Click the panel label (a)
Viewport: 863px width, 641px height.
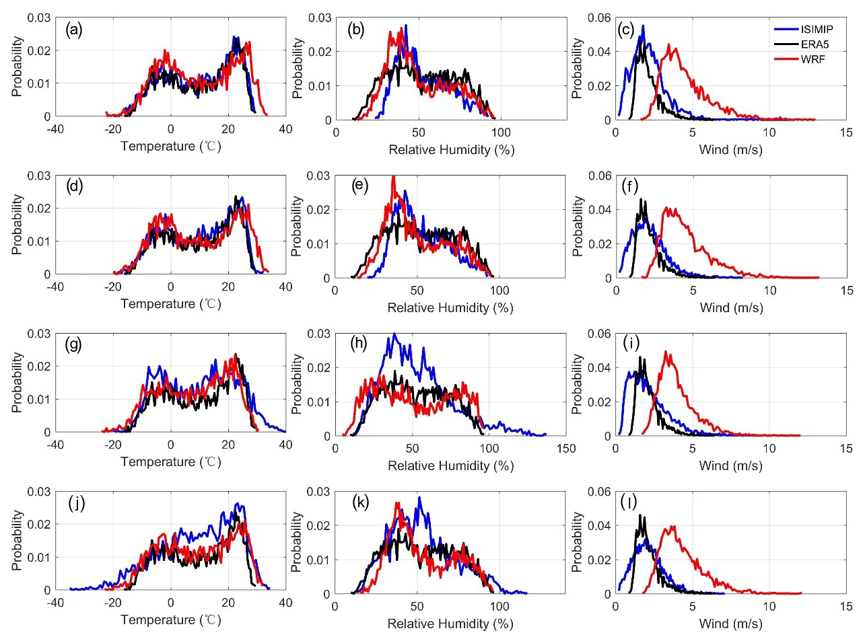[x=74, y=30]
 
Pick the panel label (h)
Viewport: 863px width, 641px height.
[x=359, y=344]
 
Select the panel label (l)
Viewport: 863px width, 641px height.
[x=629, y=502]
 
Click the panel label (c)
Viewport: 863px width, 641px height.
[x=625, y=30]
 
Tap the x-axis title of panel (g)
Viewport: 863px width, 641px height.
[x=170, y=462]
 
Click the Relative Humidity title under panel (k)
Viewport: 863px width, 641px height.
[x=450, y=624]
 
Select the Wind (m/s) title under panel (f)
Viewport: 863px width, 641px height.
[x=731, y=307]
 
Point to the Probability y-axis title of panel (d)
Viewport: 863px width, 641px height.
[x=18, y=225]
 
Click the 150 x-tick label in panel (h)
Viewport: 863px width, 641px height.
[x=566, y=449]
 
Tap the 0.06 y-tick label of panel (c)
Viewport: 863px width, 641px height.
[x=599, y=17]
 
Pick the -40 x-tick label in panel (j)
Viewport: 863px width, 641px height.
[x=55, y=603]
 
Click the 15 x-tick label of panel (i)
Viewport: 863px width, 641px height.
[x=845, y=449]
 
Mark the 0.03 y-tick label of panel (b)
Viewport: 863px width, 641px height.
[x=320, y=17]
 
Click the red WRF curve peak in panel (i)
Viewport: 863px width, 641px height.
[x=665, y=351]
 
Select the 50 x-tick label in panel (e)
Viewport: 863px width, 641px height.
[x=417, y=291]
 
